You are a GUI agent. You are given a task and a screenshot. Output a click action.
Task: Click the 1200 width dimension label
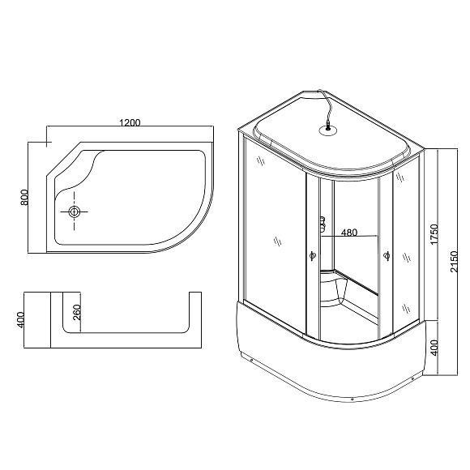[130, 122]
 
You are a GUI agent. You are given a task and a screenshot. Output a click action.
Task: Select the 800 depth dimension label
[25, 197]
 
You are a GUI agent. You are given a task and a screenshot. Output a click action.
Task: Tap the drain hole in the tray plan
[75, 212]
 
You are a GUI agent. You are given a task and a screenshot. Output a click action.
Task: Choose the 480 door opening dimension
[348, 233]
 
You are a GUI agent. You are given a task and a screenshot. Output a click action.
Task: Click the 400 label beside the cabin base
[434, 348]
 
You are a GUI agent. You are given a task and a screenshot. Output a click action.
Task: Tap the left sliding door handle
[312, 257]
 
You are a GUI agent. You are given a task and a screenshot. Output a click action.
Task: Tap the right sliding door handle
[386, 257]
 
